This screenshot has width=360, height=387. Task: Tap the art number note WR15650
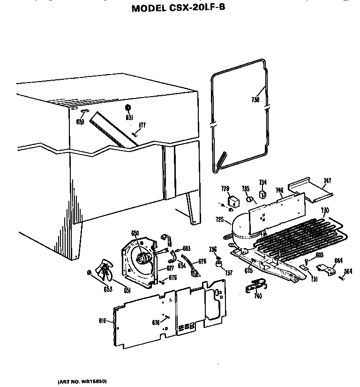point(85,381)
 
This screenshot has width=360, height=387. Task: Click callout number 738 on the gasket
point(255,99)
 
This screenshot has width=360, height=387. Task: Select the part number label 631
point(128,117)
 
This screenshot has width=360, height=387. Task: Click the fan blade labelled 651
point(105,272)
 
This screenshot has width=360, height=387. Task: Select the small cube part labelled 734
point(263,192)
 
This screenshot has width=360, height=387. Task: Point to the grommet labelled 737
point(218,266)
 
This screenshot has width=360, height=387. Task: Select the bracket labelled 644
point(327,269)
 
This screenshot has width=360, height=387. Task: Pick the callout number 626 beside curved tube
point(202,261)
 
